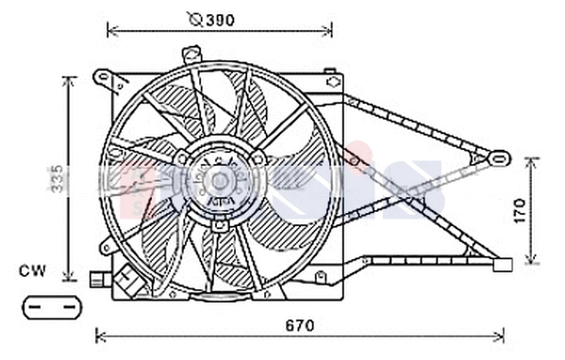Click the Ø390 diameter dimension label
[211, 19]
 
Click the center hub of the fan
[219, 179]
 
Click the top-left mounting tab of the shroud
[101, 76]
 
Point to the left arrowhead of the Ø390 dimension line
[112, 31]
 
